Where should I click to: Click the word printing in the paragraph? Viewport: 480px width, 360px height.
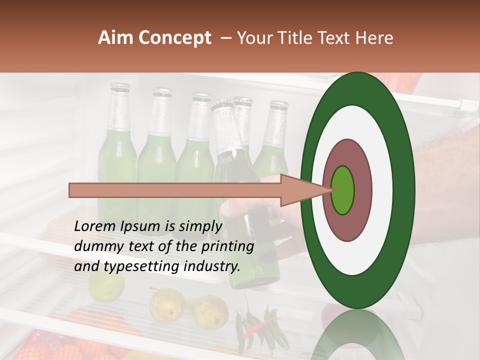point(228,246)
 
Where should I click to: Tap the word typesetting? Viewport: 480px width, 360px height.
point(134,266)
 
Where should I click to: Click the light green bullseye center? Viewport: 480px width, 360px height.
point(342,190)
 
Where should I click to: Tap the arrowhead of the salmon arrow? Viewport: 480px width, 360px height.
point(300,190)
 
